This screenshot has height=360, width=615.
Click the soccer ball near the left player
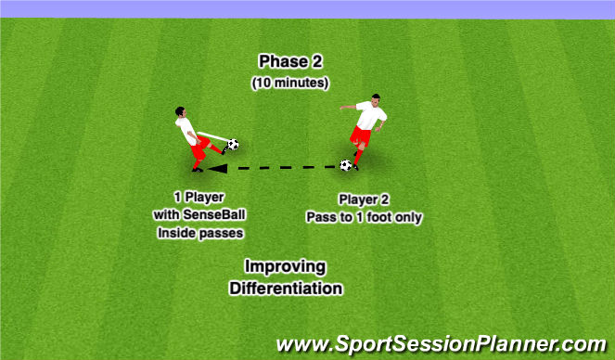point(232,145)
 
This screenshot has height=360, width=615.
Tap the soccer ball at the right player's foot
point(346,165)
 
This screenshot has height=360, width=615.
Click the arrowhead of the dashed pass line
point(214,169)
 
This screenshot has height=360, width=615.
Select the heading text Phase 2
point(291,61)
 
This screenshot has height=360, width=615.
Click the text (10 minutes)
point(291,83)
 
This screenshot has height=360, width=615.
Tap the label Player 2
point(365,199)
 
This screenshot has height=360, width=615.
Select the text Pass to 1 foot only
point(365,217)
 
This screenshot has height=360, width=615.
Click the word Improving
point(286,267)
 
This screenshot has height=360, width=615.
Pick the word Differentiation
point(286,289)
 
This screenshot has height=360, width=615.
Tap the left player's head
point(179,113)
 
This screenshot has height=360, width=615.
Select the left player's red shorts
point(198,146)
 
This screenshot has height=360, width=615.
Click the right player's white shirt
point(370,117)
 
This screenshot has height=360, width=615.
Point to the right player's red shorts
point(361,137)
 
